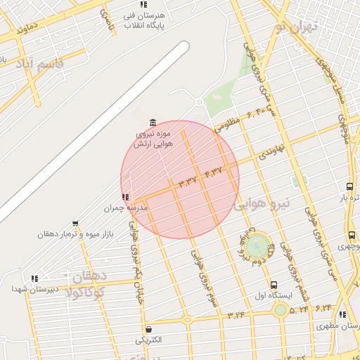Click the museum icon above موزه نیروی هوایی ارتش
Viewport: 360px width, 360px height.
153,124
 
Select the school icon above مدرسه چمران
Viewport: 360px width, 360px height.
124,198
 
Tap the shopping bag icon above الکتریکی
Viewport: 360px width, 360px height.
148,329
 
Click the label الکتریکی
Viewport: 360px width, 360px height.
148,340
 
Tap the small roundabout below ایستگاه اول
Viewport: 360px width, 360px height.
281,309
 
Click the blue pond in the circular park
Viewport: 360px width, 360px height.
257,246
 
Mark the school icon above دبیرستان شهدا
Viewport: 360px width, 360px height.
34,278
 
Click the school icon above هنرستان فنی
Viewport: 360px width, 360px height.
143,4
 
